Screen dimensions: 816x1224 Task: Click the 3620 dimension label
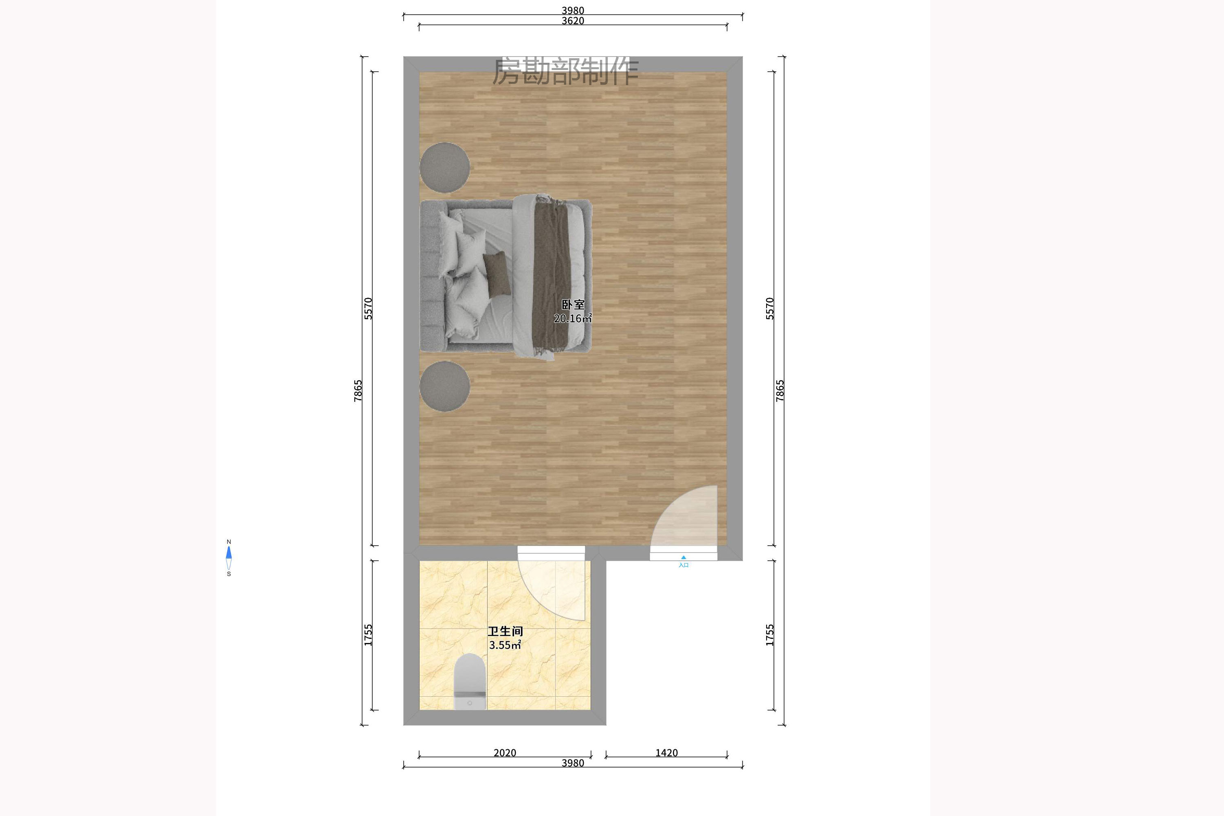pos(573,21)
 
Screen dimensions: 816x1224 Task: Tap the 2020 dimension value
pos(505,752)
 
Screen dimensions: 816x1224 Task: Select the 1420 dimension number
pos(666,752)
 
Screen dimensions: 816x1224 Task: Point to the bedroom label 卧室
pos(573,305)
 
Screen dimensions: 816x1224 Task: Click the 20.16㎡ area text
pos(573,318)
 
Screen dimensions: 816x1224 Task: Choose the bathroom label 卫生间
pos(505,631)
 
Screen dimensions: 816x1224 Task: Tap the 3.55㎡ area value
pos(505,645)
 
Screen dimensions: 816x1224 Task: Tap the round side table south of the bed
pos(445,386)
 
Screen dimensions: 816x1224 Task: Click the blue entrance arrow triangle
pos(683,557)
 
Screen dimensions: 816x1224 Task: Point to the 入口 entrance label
pos(683,565)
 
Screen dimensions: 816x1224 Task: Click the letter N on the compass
pos(229,542)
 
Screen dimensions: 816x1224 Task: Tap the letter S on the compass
pos(229,574)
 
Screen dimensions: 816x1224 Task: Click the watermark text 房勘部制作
pos(565,71)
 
